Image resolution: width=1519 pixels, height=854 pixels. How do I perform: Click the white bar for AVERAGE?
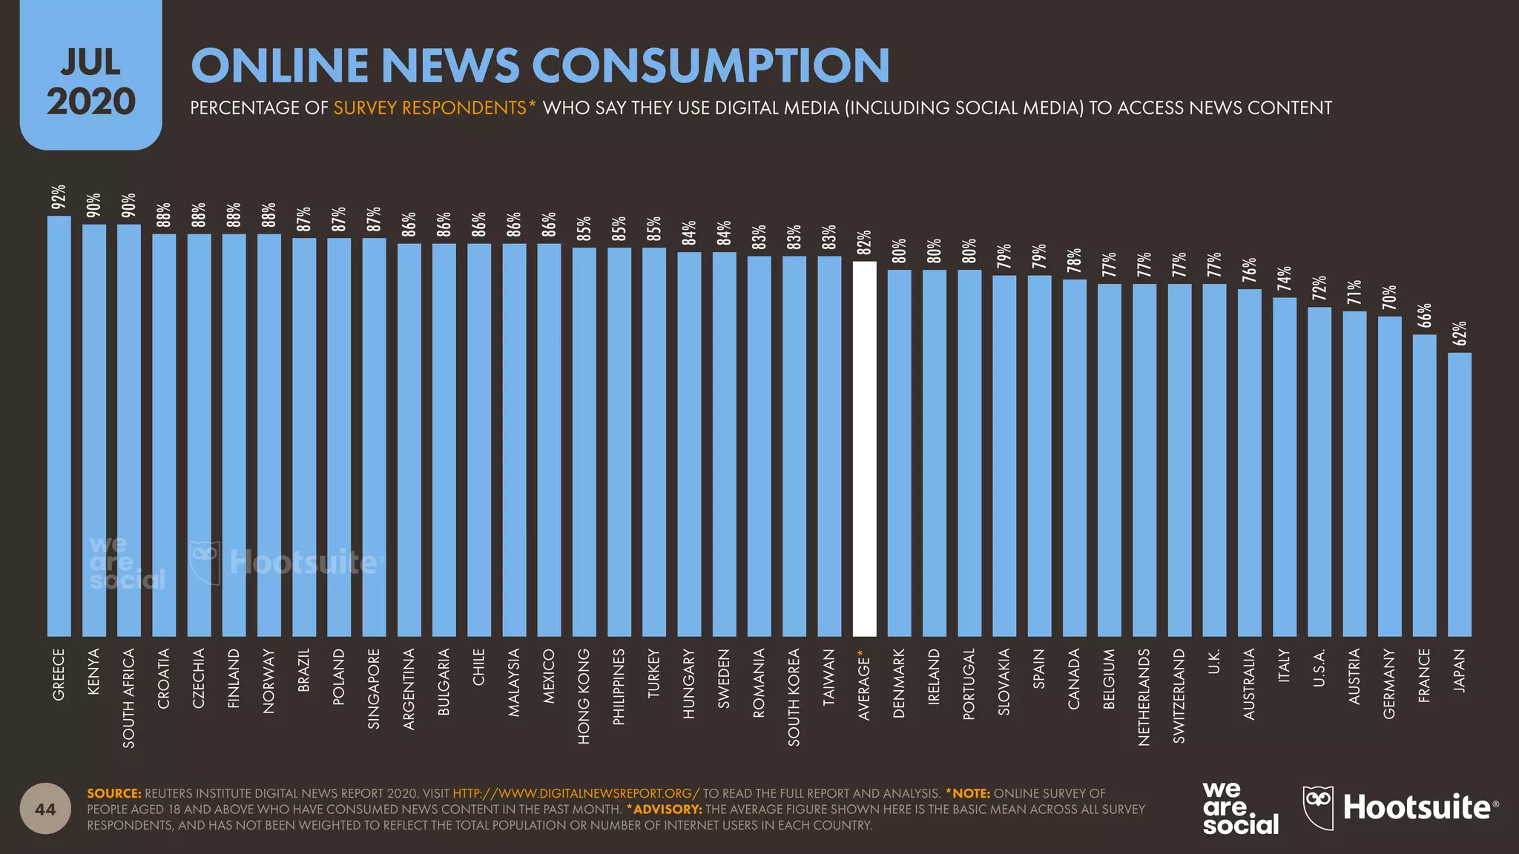864,448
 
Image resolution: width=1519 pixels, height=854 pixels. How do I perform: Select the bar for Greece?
59,426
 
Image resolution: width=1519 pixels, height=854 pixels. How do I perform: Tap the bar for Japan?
1460,494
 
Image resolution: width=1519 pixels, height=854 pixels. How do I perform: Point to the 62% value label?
1460,334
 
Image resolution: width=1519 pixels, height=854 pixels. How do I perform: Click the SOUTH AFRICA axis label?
129,698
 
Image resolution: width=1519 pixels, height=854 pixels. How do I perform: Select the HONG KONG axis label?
584,696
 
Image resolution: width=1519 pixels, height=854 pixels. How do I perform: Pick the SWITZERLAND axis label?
1179,695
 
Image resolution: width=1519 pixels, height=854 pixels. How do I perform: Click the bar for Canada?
1074,457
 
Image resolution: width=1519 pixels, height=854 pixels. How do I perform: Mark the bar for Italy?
1285,467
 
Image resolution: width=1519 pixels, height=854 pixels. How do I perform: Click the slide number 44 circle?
45,809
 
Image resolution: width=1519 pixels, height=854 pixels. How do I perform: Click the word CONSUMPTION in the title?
711,65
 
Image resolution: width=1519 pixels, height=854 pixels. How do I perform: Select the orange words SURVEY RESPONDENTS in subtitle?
430,108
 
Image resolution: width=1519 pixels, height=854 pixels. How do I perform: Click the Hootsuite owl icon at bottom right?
1318,807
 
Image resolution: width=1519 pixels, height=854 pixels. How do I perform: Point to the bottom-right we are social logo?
1240,808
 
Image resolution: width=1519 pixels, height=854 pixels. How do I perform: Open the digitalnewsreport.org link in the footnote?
576,793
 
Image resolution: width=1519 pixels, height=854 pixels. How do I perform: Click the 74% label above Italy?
1285,279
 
